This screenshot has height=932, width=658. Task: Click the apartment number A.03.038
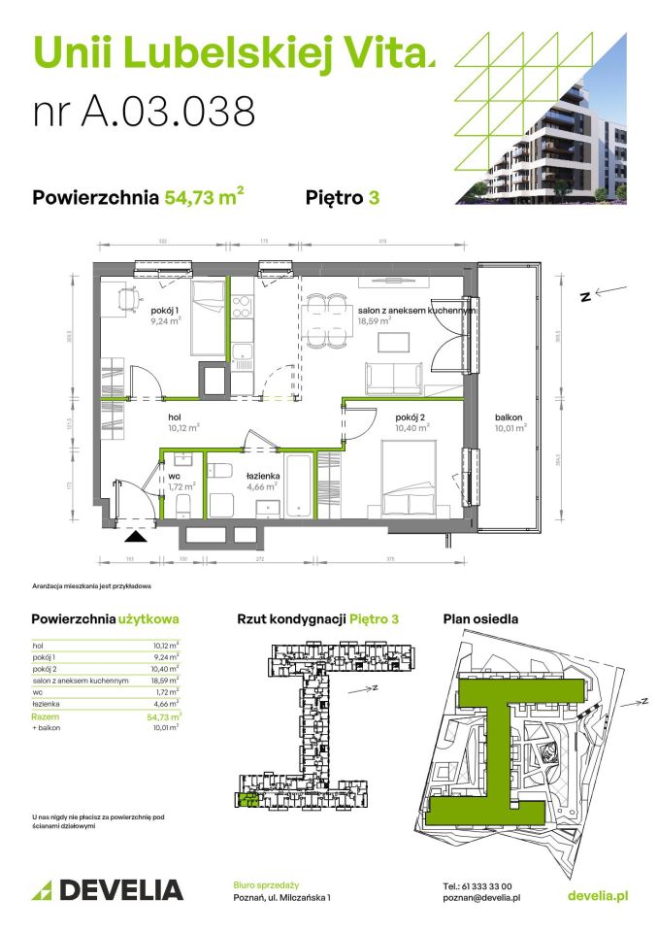pyautogui.click(x=145, y=111)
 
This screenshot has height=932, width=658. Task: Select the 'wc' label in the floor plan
pyautogui.click(x=178, y=476)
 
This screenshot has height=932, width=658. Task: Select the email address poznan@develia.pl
pyautogui.click(x=481, y=898)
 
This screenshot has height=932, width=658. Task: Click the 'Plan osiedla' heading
pyautogui.click(x=479, y=618)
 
